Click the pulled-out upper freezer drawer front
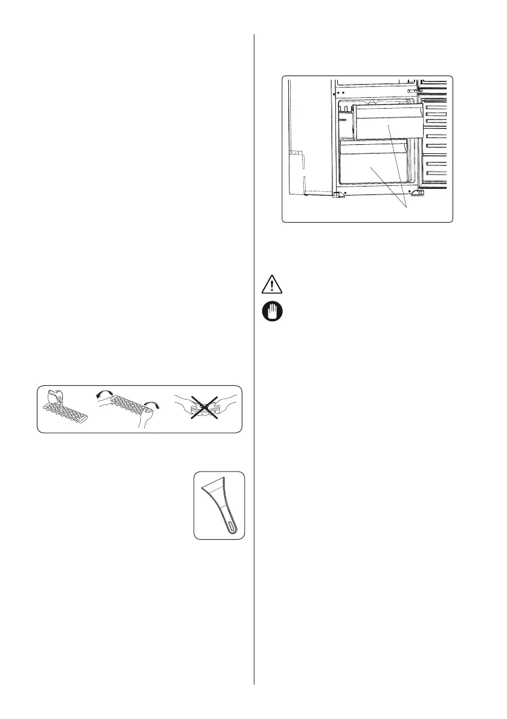point(387,121)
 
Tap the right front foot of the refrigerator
point(416,194)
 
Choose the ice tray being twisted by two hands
point(121,406)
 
